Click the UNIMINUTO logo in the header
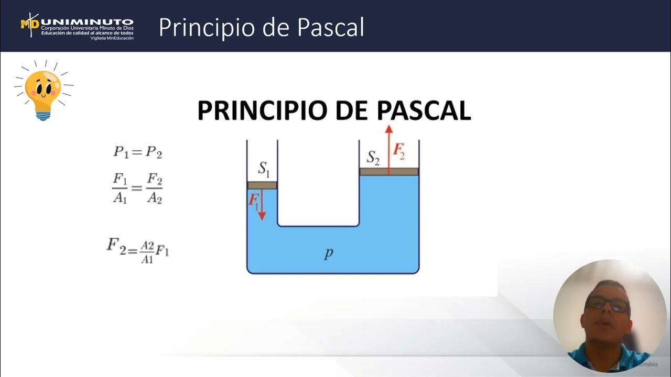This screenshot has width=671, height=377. click(77, 26)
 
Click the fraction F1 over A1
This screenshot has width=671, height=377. click(120, 188)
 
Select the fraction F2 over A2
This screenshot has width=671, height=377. click(154, 188)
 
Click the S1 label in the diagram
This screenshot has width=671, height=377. click(264, 168)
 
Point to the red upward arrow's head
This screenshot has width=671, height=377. click(388, 130)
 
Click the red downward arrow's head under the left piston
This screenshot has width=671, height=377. click(262, 216)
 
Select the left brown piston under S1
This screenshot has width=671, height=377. click(262, 185)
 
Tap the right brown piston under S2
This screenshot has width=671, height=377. click(388, 171)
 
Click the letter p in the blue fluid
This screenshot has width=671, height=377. click(329, 253)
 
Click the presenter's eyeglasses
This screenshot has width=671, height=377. click(608, 304)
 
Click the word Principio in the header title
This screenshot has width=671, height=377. click(206, 27)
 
